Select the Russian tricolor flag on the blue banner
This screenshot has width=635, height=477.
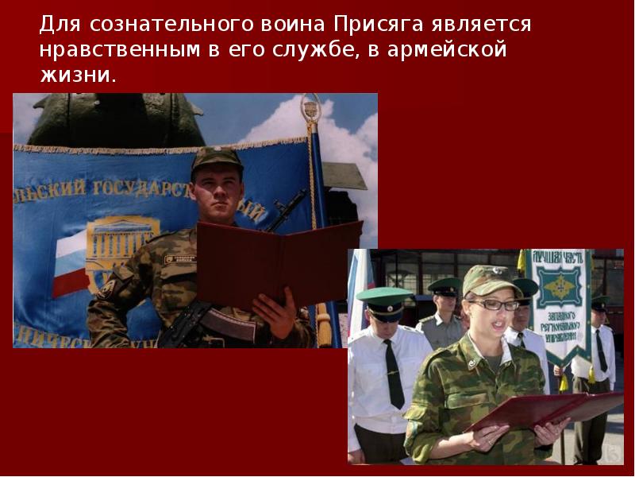click(67, 262)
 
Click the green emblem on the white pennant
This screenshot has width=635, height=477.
click(561, 286)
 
